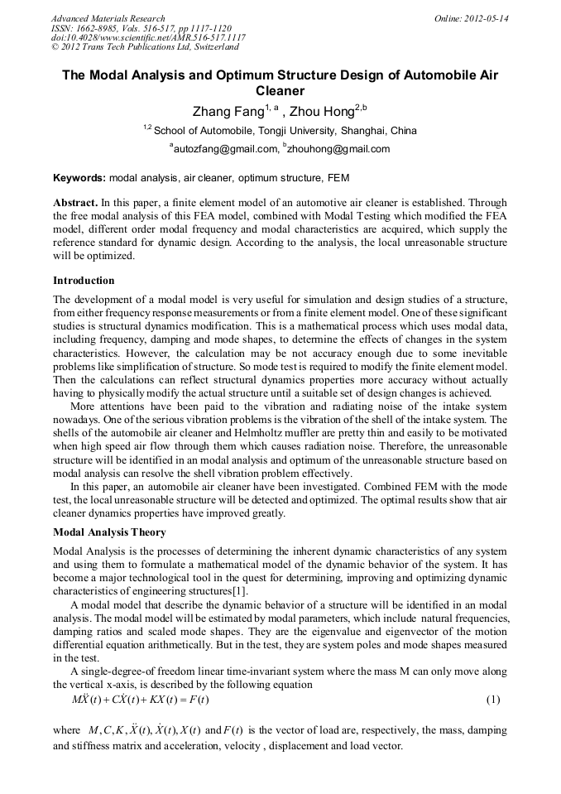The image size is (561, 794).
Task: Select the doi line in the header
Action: click(148, 38)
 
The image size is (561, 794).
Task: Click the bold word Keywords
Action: click(79, 177)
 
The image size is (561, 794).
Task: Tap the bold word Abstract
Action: click(75, 203)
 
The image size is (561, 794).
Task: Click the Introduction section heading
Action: click(84, 281)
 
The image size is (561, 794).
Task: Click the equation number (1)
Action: click(493, 700)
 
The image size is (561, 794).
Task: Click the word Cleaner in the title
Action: click(280, 91)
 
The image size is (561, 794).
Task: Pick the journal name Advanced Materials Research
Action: click(108, 18)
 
